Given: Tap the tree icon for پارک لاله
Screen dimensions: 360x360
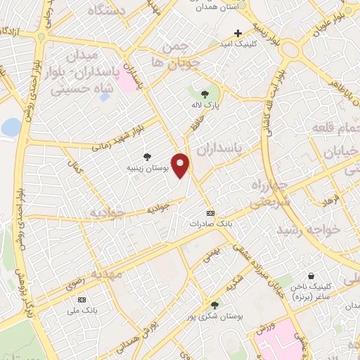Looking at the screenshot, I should (x=205, y=94).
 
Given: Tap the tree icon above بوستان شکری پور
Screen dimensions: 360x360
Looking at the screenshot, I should (x=214, y=304).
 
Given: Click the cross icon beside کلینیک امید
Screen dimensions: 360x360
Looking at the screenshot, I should (x=238, y=33).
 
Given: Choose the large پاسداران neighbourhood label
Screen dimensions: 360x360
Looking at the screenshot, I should (x=217, y=148).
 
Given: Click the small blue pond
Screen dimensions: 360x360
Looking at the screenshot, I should (x=11, y=127).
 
